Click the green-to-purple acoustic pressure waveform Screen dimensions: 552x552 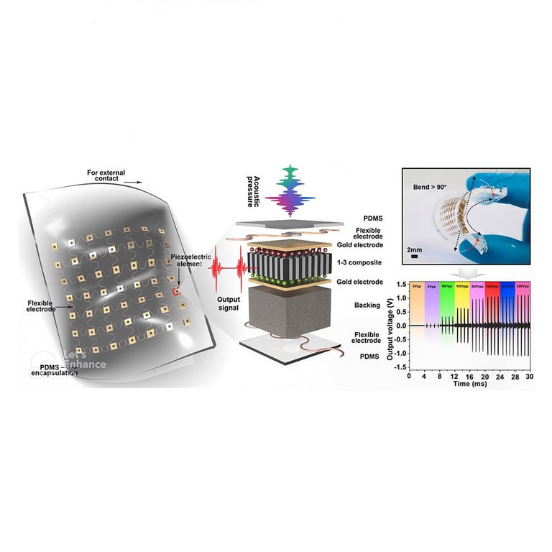(x=290, y=192)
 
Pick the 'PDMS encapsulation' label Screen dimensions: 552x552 (x=55, y=370)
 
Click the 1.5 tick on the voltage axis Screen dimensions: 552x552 (x=402, y=284)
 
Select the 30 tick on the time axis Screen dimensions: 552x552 (x=530, y=377)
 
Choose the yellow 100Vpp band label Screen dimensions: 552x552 (x=462, y=286)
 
